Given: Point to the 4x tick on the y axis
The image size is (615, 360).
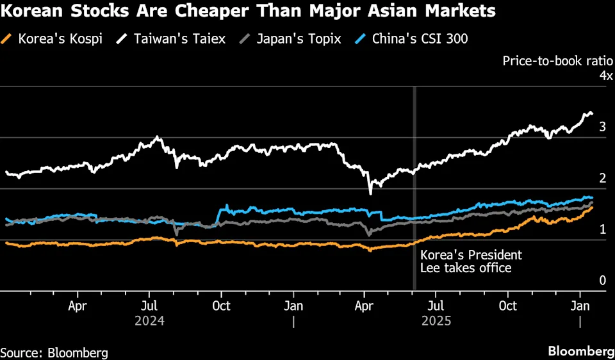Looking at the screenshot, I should tap(604, 76).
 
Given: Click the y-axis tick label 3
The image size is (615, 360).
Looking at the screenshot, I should tap(602, 127).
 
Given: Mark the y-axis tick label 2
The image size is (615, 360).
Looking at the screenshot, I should tap(602, 178).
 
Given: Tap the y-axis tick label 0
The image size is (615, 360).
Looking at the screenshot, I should tap(602, 281).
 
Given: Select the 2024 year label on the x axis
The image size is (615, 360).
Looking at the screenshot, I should tap(149, 321).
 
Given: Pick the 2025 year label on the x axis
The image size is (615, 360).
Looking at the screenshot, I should tap(436, 321).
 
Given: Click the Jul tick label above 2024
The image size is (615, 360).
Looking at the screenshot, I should tap(149, 306).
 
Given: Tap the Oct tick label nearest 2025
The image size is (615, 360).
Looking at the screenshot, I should tap(509, 306).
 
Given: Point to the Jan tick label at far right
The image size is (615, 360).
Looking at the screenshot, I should tap(580, 306).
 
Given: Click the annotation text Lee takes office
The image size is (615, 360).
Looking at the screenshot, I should tap(466, 268).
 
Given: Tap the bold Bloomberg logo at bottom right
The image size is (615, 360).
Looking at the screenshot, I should tap(580, 351).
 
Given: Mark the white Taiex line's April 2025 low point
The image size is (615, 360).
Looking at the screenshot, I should tap(370, 193).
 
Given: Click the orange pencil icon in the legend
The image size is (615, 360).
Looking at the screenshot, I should tap(7, 39).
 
